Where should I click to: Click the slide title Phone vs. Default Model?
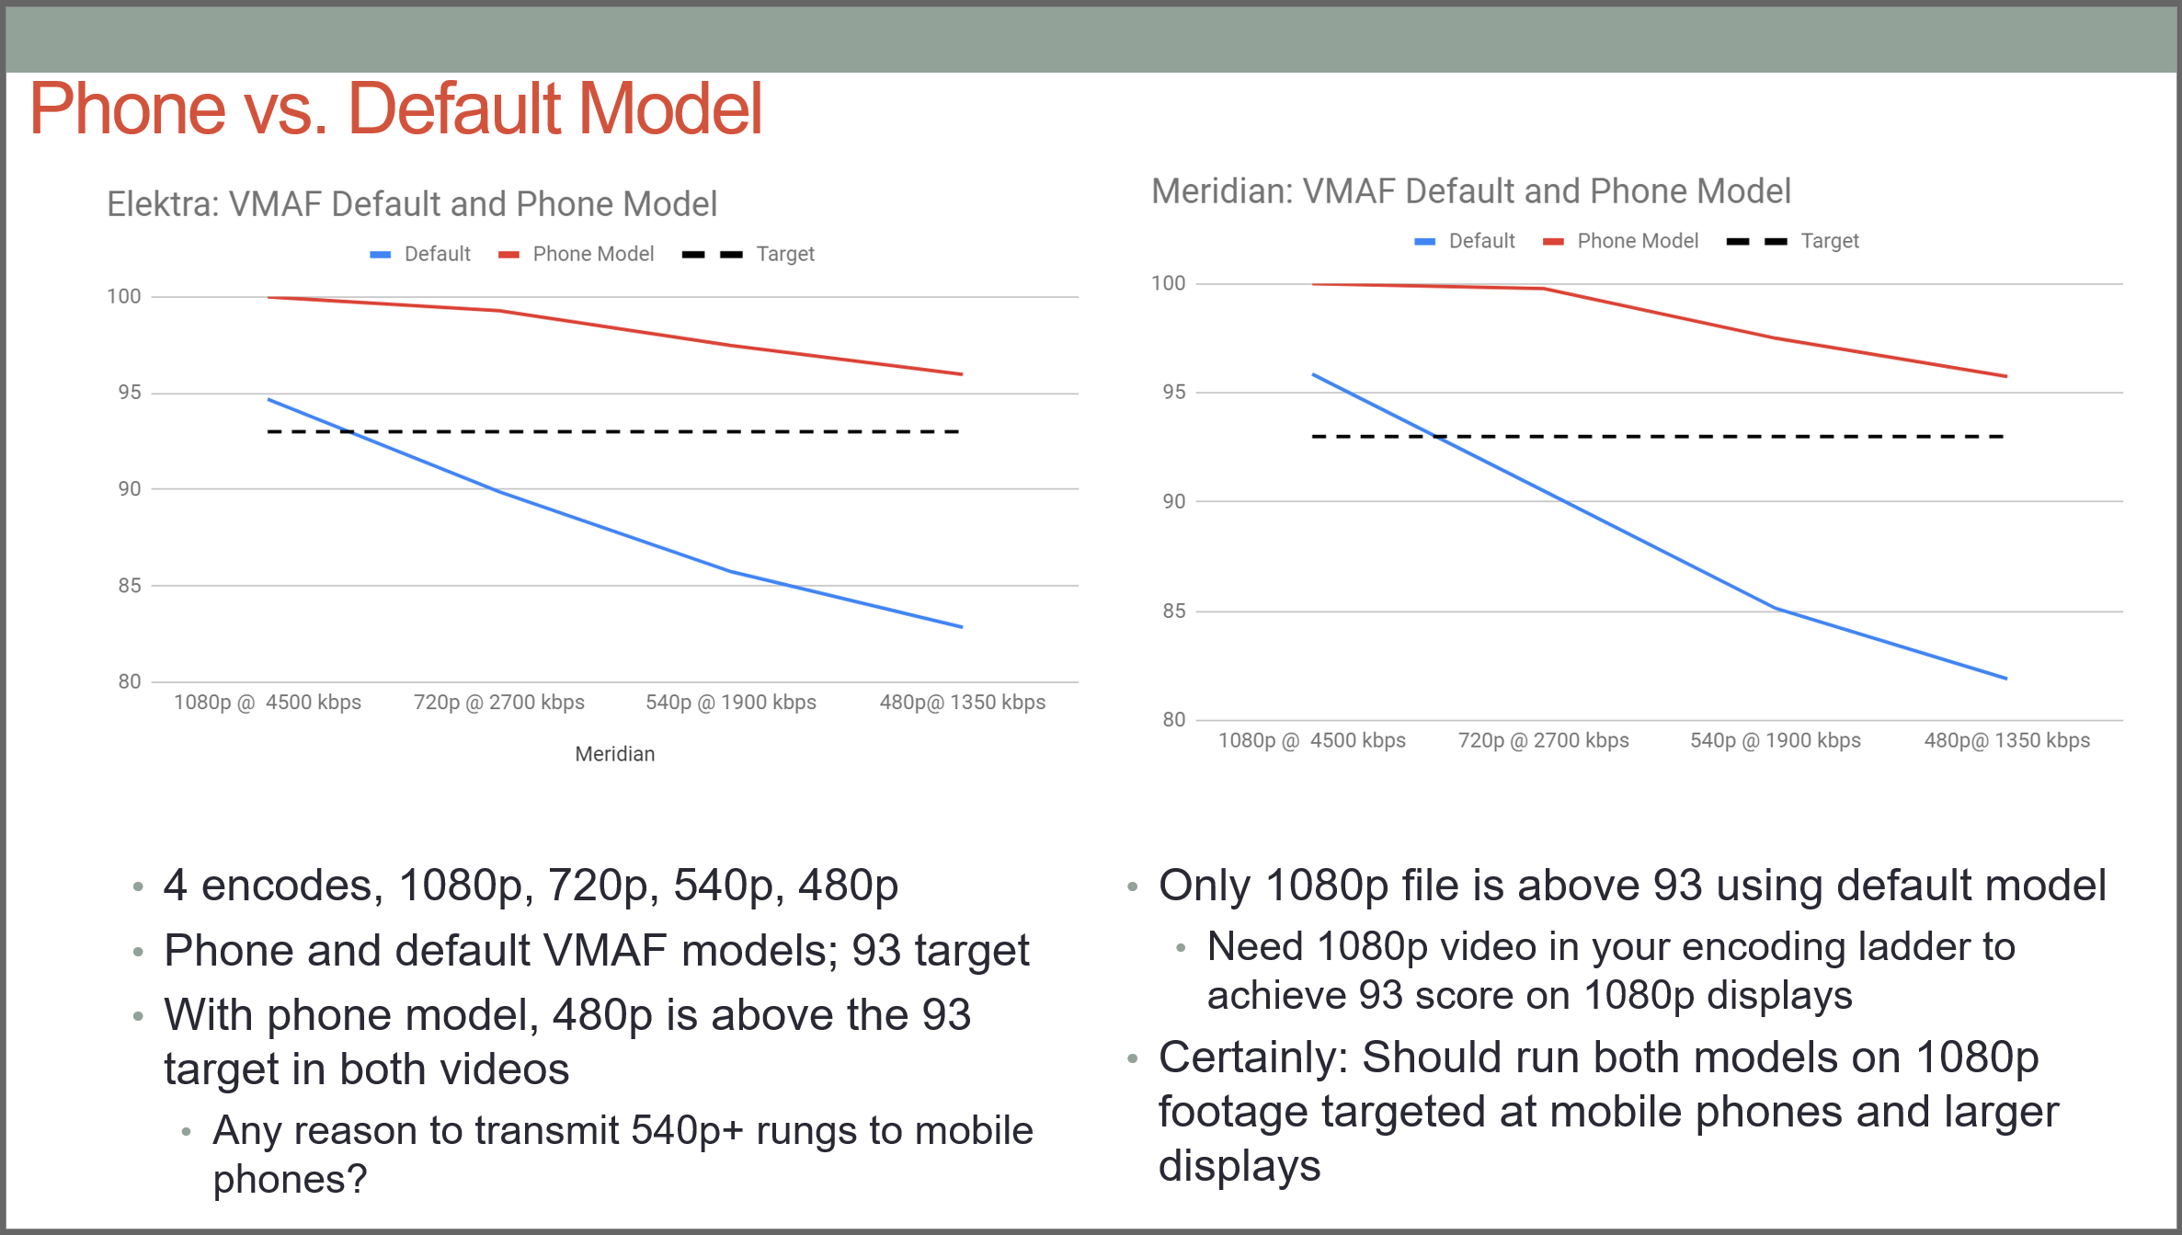click(x=395, y=109)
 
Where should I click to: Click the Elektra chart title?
click(x=412, y=204)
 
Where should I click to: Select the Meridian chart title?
click(x=1471, y=191)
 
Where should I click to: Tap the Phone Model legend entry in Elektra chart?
click(x=576, y=254)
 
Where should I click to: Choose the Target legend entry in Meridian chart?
click(x=1793, y=241)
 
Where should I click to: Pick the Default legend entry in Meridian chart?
click(x=1465, y=241)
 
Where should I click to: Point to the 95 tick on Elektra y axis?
click(x=130, y=393)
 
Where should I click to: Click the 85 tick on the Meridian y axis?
click(x=1174, y=611)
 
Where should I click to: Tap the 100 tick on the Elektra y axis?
click(x=124, y=296)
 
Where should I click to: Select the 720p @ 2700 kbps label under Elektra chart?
click(x=499, y=703)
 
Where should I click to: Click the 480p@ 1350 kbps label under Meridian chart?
click(x=2007, y=740)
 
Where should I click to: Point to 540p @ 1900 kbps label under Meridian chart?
click(x=1776, y=740)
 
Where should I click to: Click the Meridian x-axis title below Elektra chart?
click(x=615, y=754)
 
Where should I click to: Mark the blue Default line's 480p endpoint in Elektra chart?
click(x=962, y=627)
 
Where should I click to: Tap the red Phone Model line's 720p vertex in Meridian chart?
click(x=1544, y=289)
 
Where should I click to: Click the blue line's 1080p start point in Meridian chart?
click(x=1313, y=374)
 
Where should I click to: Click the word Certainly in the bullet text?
click(x=1253, y=1058)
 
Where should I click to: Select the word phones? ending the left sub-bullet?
click(x=291, y=1180)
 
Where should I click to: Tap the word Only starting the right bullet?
click(x=1205, y=886)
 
